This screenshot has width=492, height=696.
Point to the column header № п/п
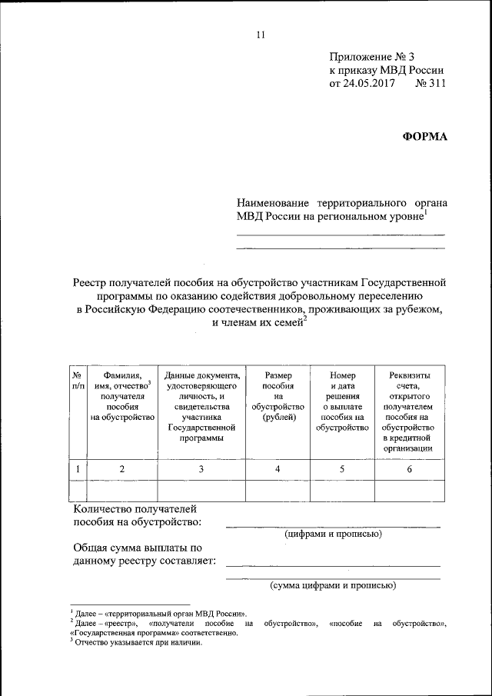(x=78, y=379)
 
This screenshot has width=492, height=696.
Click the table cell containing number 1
(x=78, y=468)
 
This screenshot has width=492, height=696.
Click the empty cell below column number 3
(x=202, y=490)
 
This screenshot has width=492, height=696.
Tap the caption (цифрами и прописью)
(x=333, y=534)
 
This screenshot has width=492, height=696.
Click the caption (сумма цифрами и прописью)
(x=333, y=585)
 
